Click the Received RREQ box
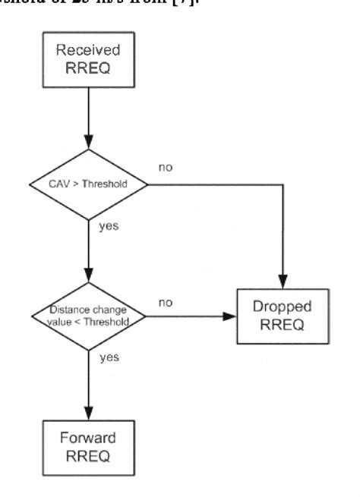(x=89, y=65)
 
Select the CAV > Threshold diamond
(x=89, y=184)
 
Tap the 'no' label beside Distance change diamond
(x=165, y=303)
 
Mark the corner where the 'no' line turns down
(x=283, y=184)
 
